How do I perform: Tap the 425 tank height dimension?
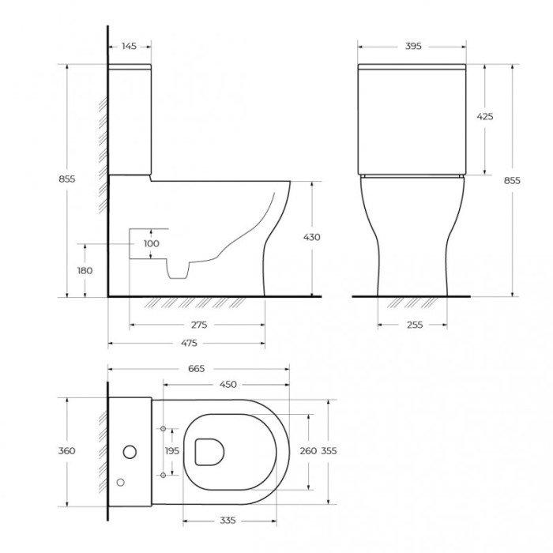pyautogui.click(x=484, y=116)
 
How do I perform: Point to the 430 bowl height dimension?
pyautogui.click(x=311, y=237)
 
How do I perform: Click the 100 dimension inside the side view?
pyautogui.click(x=152, y=243)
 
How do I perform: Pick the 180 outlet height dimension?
pyautogui.click(x=85, y=270)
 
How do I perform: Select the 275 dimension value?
pyautogui.click(x=197, y=325)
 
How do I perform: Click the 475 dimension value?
pyautogui.click(x=187, y=343)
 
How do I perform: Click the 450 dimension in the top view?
pyautogui.click(x=228, y=386)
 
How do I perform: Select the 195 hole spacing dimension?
pyautogui.click(x=171, y=450)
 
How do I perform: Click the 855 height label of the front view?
pyautogui.click(x=512, y=180)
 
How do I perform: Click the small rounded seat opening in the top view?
pyautogui.click(x=209, y=451)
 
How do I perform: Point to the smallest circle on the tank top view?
pyautogui.click(x=120, y=481)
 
